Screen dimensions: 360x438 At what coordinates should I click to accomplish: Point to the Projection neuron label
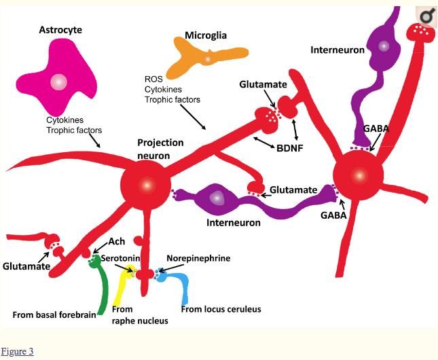(160, 149)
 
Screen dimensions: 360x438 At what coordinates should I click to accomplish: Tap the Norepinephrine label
(199, 259)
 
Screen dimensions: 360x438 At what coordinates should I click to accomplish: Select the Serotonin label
(120, 259)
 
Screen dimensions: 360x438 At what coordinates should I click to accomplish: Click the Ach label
(117, 242)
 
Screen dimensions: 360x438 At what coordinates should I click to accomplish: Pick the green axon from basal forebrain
(102, 292)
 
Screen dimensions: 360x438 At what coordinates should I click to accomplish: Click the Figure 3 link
(17, 351)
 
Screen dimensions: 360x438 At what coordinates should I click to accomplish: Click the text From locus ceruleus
(221, 309)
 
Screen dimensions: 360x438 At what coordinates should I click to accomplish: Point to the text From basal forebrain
(54, 314)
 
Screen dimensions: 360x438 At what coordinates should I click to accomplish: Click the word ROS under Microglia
(153, 78)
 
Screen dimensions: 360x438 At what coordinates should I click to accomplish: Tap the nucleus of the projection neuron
(145, 185)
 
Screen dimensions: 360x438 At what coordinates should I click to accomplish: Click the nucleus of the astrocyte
(59, 82)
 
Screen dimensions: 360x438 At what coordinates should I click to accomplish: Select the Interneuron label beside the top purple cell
(337, 50)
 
